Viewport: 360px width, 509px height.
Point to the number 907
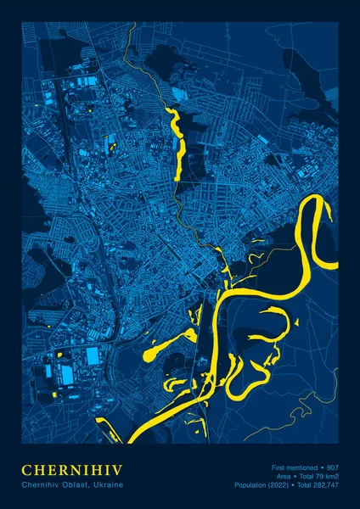pos(332,467)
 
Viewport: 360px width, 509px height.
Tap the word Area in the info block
pos(284,476)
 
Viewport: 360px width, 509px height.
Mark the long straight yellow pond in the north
pos(178,145)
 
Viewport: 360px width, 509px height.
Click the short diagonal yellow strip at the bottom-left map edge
pos(107,429)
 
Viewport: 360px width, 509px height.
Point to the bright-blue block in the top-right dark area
pos(177,94)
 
